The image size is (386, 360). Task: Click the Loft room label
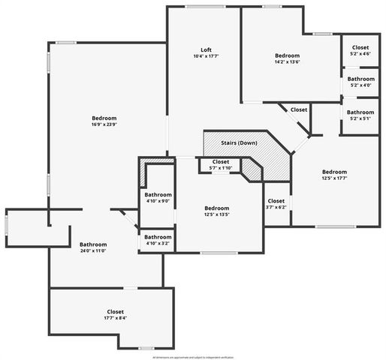pos(205,49)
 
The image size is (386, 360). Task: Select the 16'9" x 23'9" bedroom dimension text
pos(104,125)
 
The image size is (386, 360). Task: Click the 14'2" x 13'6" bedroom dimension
pos(287,63)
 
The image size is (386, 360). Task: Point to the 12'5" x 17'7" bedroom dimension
pos(335,178)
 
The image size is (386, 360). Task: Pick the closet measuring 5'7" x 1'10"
pos(220,168)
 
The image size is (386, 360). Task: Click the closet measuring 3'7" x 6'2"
pos(276,207)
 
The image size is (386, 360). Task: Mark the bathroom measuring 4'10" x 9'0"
pos(158,201)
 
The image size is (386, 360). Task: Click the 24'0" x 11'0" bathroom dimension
pos(93,251)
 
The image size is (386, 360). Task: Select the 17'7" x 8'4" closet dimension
pos(115,318)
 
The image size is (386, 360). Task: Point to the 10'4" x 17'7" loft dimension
pos(205,56)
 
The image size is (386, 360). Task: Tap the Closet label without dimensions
pos(299,109)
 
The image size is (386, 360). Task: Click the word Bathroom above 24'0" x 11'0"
pos(93,244)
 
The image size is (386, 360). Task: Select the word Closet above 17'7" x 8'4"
pos(115,311)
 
